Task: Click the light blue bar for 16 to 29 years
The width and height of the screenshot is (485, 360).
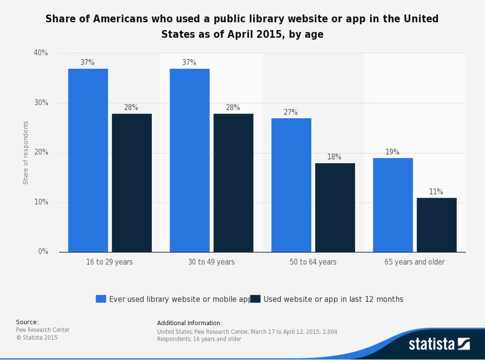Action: (88, 160)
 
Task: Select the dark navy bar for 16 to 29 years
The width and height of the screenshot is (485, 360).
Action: (132, 183)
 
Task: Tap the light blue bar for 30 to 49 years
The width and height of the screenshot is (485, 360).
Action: (190, 160)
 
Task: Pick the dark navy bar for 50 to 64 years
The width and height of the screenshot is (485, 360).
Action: (335, 207)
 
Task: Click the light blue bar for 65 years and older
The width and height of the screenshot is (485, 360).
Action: (393, 205)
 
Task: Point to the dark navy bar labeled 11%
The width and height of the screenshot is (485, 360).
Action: (436, 225)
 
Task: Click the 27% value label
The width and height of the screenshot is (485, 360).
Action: (291, 112)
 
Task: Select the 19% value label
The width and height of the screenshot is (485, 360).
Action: (392, 152)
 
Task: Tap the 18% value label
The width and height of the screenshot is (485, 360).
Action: (334, 157)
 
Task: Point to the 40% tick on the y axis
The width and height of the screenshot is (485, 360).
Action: (41, 53)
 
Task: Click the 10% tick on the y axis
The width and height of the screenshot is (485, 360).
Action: (41, 202)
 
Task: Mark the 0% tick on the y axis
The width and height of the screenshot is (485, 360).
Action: (43, 251)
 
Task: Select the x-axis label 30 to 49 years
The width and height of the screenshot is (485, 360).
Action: (211, 262)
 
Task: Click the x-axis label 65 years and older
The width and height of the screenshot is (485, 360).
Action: (414, 262)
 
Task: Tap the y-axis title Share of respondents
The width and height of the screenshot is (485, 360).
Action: (26, 153)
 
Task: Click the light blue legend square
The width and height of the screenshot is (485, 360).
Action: (101, 299)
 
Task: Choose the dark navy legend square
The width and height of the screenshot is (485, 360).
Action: (255, 299)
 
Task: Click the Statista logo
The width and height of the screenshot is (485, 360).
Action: (439, 344)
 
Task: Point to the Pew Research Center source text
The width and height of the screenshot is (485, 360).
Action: (43, 330)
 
